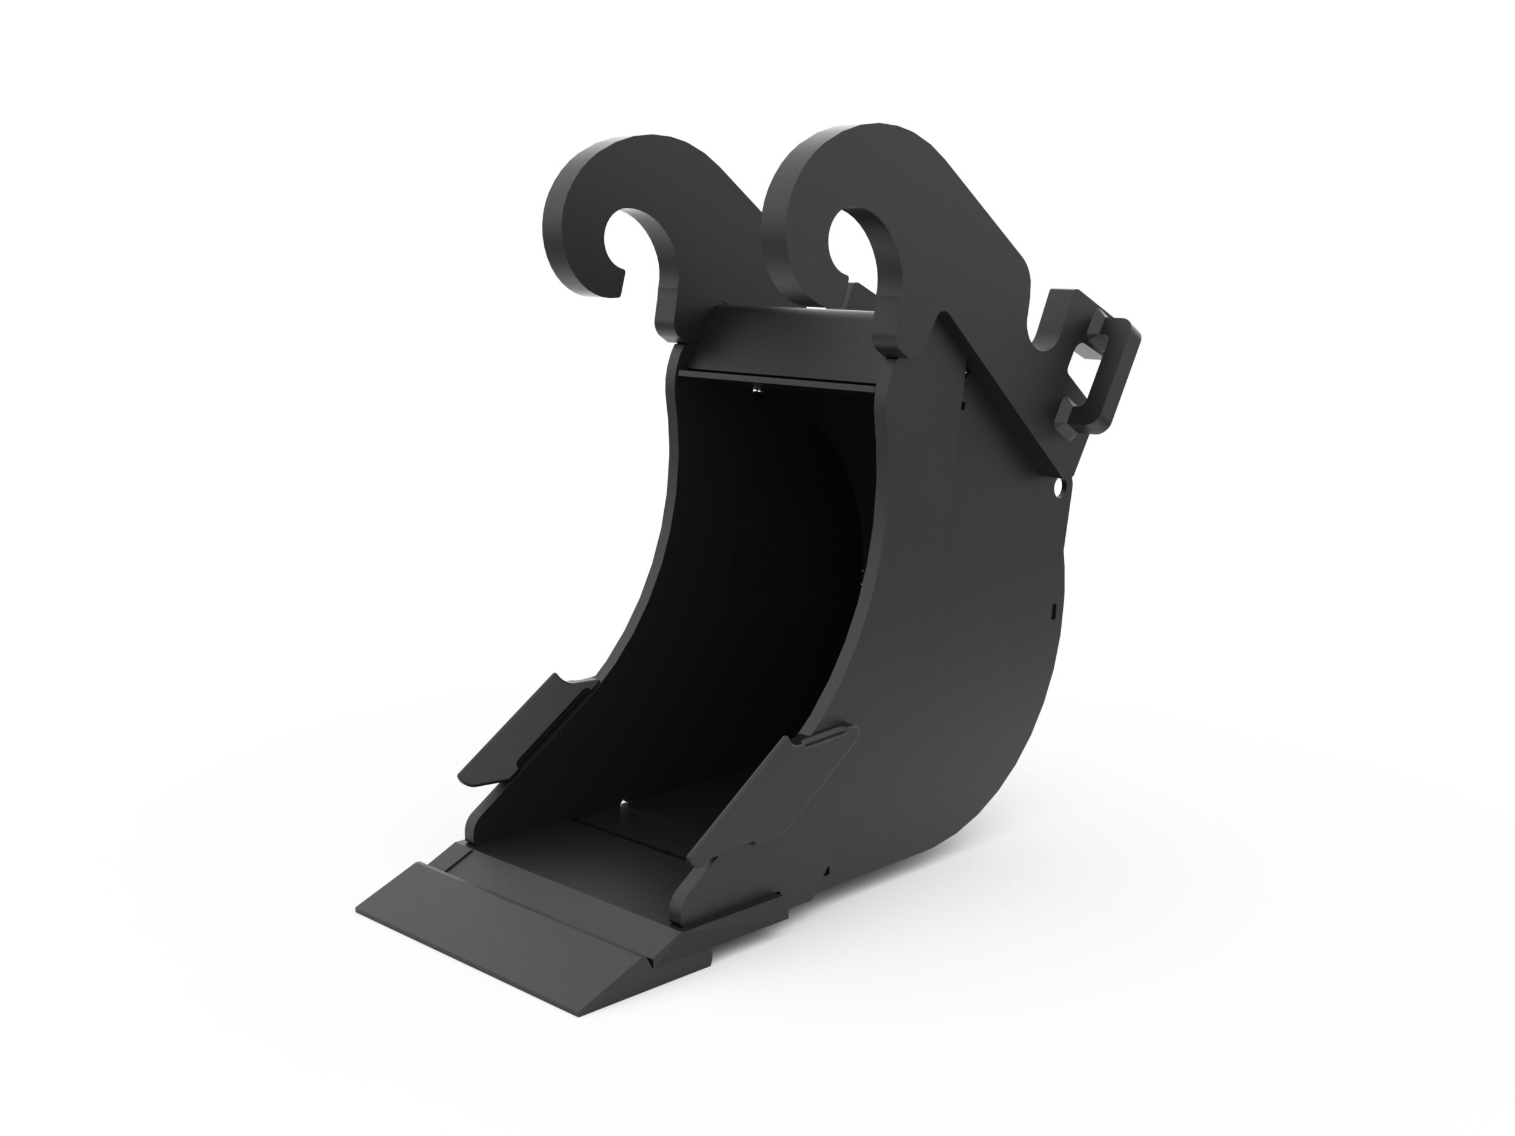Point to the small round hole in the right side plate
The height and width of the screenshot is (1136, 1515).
[x=1058, y=488]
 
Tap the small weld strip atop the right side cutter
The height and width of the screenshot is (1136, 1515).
[x=825, y=737]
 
